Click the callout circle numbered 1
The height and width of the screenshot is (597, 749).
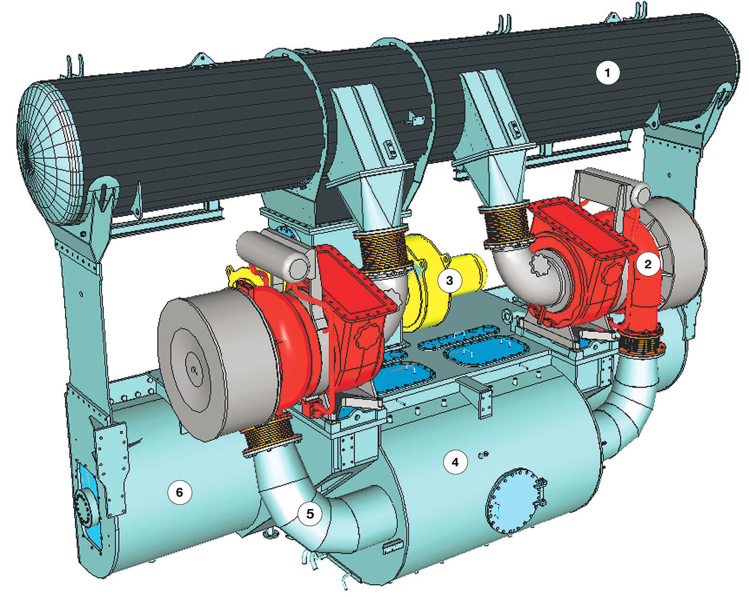(x=608, y=73)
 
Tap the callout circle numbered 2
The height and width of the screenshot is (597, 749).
(x=648, y=265)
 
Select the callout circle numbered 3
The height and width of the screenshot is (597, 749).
(x=449, y=280)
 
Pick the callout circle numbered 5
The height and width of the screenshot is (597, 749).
(x=309, y=514)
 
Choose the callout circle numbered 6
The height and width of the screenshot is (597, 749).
(x=179, y=493)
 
